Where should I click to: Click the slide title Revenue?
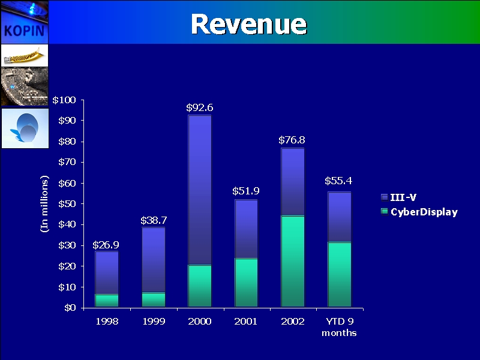point(248,24)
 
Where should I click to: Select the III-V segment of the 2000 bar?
point(200,190)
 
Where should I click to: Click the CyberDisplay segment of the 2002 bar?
point(293,261)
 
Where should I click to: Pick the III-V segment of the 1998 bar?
point(107,272)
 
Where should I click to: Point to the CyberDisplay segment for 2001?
point(246,283)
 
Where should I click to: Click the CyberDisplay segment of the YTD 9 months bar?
point(339,274)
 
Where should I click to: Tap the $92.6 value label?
point(200,108)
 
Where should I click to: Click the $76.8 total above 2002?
point(292,140)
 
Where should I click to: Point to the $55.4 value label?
point(338,181)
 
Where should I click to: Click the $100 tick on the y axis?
point(64,100)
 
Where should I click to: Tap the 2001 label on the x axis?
point(246,322)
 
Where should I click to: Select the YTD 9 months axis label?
point(339,327)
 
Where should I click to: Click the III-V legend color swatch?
point(384,197)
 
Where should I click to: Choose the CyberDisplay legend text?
point(424,212)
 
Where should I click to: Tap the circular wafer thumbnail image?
point(24,128)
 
